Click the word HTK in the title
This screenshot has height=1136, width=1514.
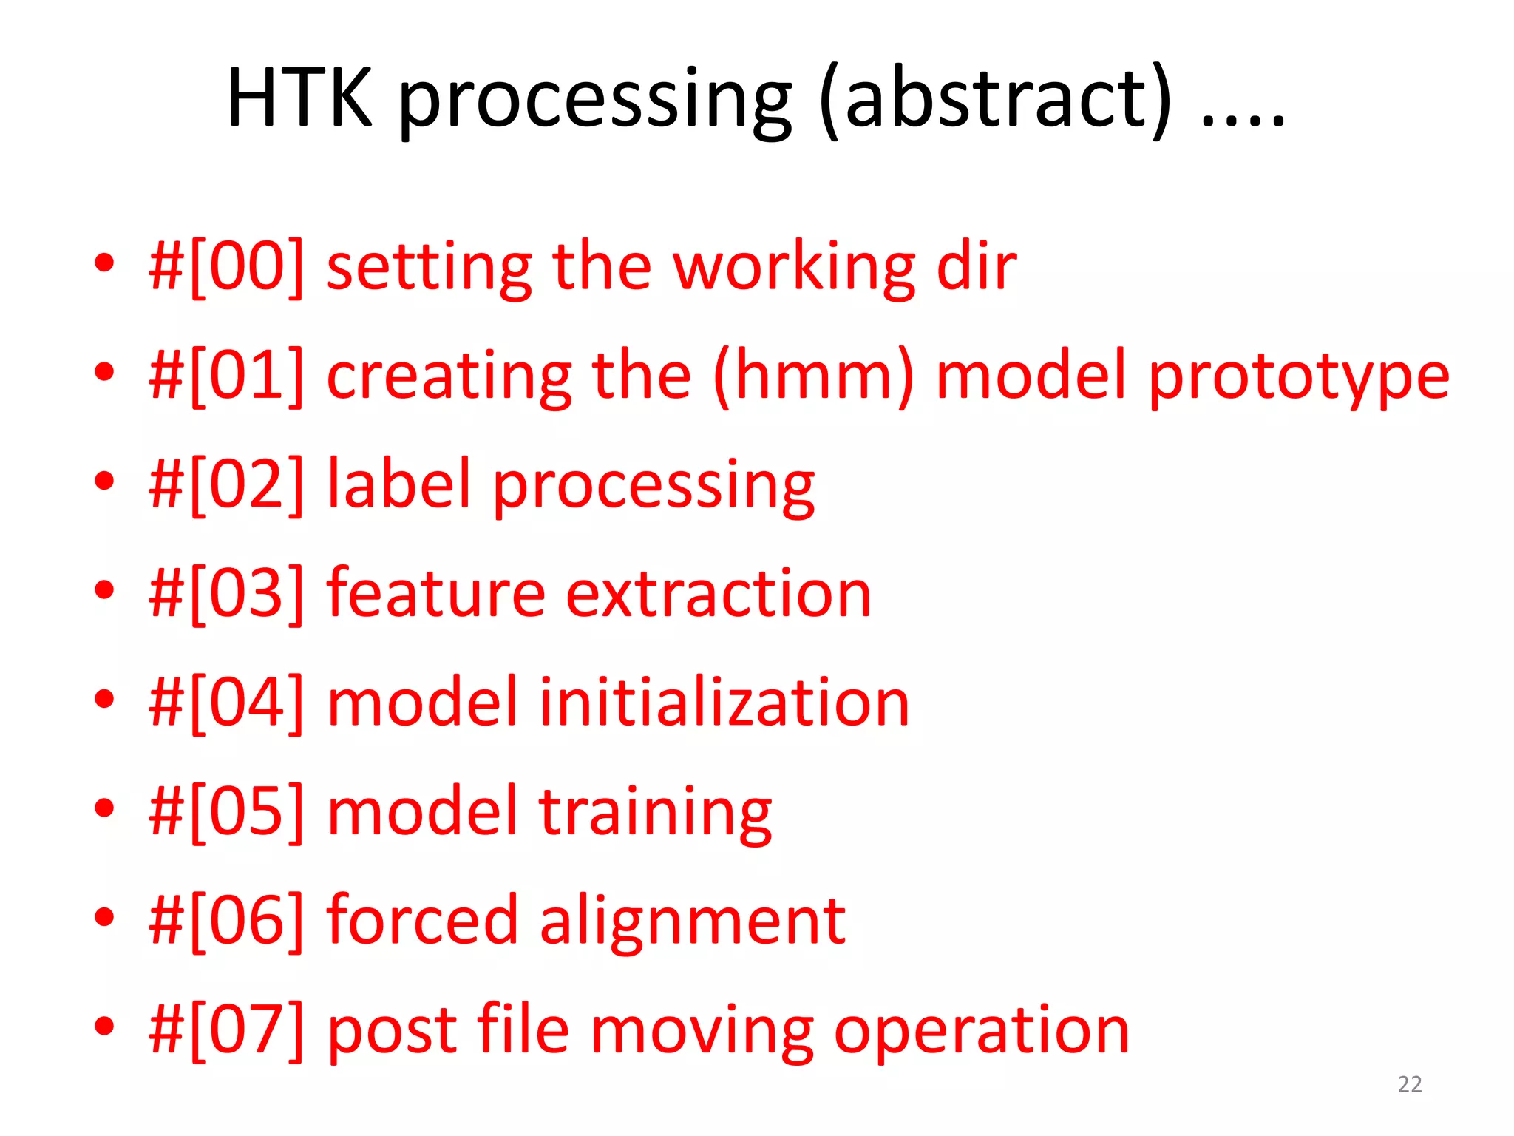(299, 98)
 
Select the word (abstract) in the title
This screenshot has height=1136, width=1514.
(995, 99)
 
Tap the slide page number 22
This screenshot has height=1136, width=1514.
(1410, 1084)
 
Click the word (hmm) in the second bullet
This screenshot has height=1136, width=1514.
(813, 376)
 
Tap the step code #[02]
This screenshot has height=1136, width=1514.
(226, 484)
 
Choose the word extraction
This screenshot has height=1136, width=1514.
(719, 594)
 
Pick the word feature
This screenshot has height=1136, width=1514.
(435, 592)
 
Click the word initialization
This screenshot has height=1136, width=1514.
(724, 702)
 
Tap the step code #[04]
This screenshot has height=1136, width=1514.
(226, 703)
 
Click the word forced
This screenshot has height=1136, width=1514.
(422, 920)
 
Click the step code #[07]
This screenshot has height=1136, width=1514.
(226, 1030)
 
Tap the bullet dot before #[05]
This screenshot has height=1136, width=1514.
(104, 808)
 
